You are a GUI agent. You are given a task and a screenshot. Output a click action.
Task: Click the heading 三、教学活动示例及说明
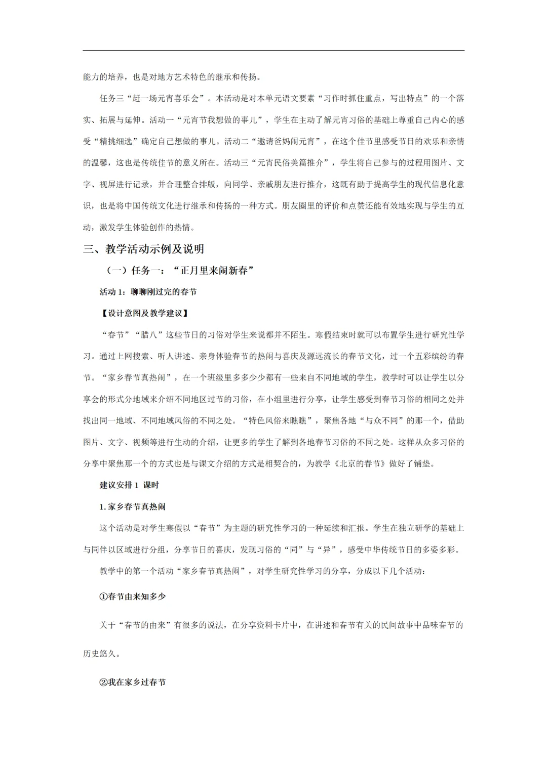click(x=144, y=249)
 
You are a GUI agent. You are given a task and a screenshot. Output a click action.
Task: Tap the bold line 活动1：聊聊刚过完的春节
click(x=148, y=292)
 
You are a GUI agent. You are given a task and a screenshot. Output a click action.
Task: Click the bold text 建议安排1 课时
click(x=129, y=485)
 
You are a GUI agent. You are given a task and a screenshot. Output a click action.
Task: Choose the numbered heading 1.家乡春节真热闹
click(x=132, y=506)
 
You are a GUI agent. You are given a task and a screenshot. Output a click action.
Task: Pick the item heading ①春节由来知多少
click(x=133, y=596)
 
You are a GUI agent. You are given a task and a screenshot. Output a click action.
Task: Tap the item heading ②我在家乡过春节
click(x=133, y=682)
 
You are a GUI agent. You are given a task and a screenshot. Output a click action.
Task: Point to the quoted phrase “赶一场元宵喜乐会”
click(x=166, y=98)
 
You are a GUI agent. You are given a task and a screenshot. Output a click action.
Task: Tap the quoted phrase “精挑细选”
click(x=112, y=141)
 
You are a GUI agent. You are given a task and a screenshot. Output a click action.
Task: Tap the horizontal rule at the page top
click(x=273, y=51)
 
